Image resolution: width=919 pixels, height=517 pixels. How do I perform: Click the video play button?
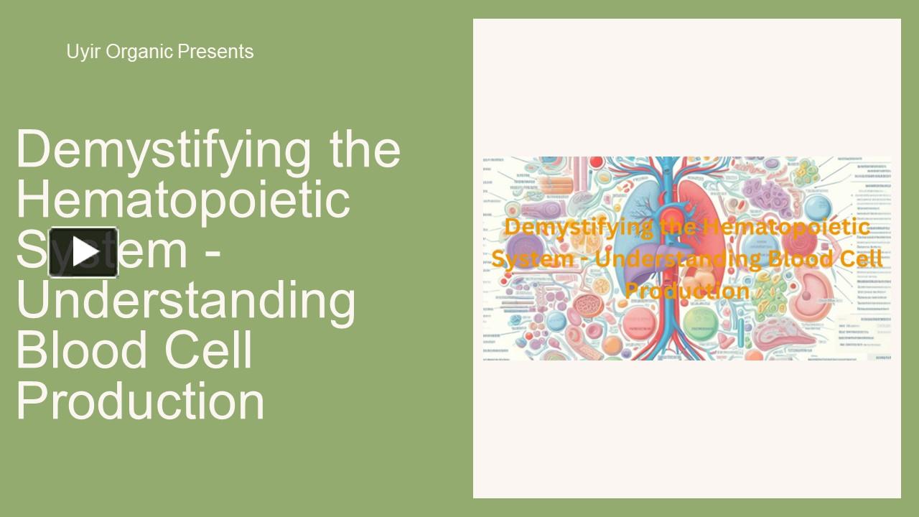[83, 252]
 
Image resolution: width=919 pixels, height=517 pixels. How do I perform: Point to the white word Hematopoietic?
[182, 200]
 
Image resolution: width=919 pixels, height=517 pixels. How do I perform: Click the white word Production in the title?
[140, 400]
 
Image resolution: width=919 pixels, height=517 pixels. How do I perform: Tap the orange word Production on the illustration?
[687, 291]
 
